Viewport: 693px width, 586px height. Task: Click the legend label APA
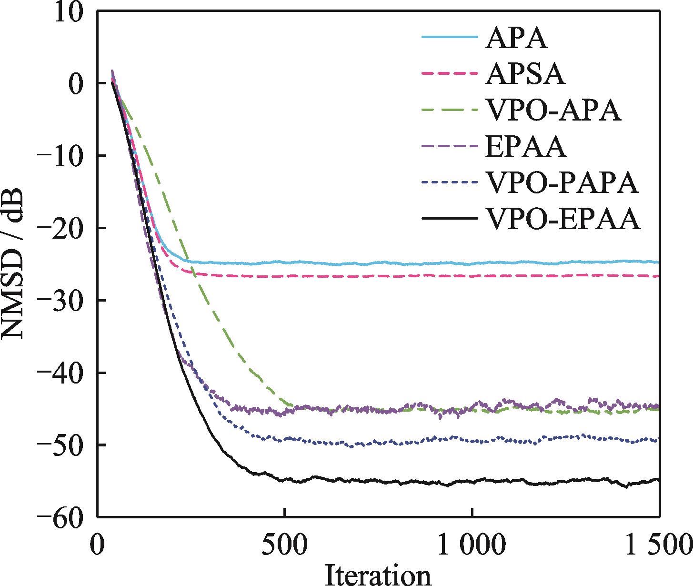[516, 39]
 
